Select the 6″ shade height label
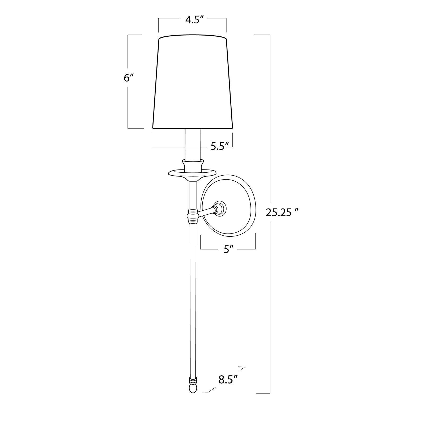click(x=129, y=78)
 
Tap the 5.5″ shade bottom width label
click(x=220, y=146)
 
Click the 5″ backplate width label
click(x=228, y=250)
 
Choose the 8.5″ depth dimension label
click(x=227, y=380)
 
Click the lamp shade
click(x=192, y=82)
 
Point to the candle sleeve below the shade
click(x=192, y=145)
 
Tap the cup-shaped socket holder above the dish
click(x=193, y=165)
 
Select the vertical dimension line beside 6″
click(x=128, y=106)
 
